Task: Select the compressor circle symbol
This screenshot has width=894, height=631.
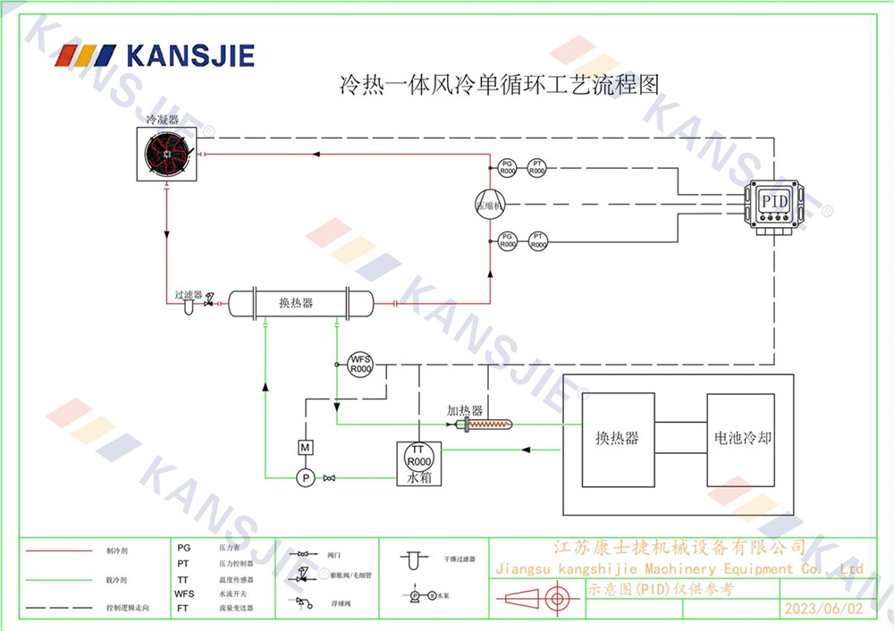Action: (x=490, y=202)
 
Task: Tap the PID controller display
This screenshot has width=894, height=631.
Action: (x=774, y=201)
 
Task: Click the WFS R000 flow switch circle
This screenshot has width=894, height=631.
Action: (x=360, y=364)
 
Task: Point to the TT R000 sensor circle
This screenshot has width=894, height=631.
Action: (x=418, y=455)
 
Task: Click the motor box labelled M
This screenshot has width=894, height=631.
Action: (x=304, y=446)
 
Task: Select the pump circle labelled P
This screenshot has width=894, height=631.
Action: (x=305, y=478)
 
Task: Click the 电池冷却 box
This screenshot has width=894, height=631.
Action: (x=742, y=439)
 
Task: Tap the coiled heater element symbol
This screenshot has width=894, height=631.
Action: (x=489, y=425)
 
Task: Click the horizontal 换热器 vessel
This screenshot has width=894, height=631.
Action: (x=299, y=303)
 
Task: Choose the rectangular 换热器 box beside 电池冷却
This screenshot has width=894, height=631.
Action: (x=617, y=439)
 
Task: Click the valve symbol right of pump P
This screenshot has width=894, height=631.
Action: (x=329, y=478)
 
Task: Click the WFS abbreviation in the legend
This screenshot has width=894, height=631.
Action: (x=184, y=593)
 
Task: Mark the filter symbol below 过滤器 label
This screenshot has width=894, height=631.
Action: (x=189, y=307)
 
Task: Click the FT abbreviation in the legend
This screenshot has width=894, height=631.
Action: (x=183, y=607)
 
